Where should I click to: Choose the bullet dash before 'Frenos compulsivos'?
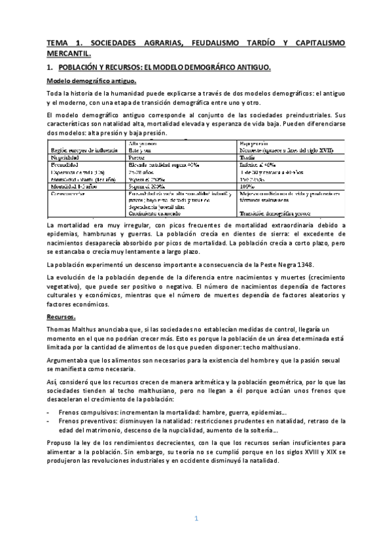click(48, 412)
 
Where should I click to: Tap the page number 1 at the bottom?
click(196, 518)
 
